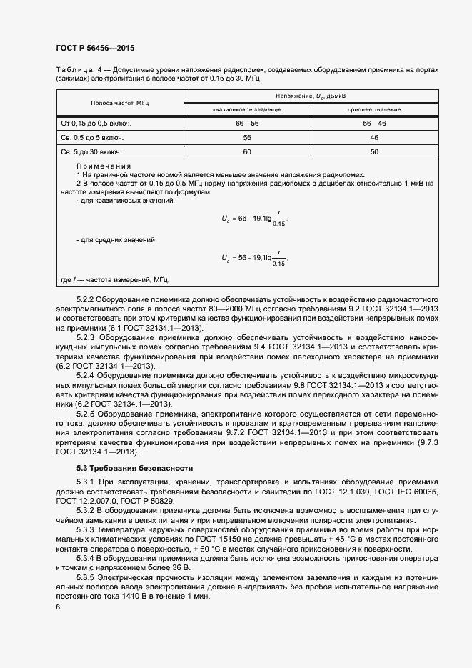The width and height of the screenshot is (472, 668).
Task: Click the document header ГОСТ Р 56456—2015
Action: pos(95,48)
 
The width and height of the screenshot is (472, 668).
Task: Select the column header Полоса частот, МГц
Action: pos(120,103)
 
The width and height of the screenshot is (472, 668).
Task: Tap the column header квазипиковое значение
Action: pos(247,109)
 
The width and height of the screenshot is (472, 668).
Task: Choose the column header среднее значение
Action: pos(374,109)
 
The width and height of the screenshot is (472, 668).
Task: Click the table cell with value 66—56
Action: pos(247,124)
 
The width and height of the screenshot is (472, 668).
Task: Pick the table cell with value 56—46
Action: pos(374,124)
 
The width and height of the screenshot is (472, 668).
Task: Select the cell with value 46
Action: pos(374,138)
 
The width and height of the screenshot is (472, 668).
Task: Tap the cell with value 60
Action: pos(247,152)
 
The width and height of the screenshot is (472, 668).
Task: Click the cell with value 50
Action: pos(374,152)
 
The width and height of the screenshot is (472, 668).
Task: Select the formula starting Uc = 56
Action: pos(254,259)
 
